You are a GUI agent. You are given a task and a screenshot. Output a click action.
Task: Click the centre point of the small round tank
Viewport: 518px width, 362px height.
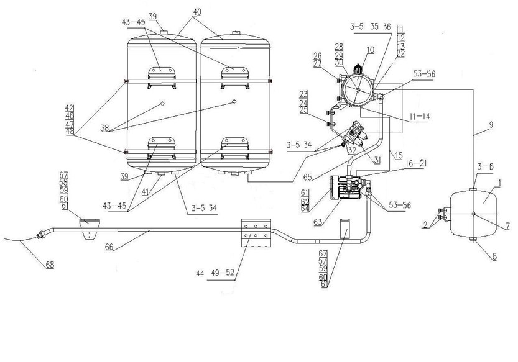coord(474,214)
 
